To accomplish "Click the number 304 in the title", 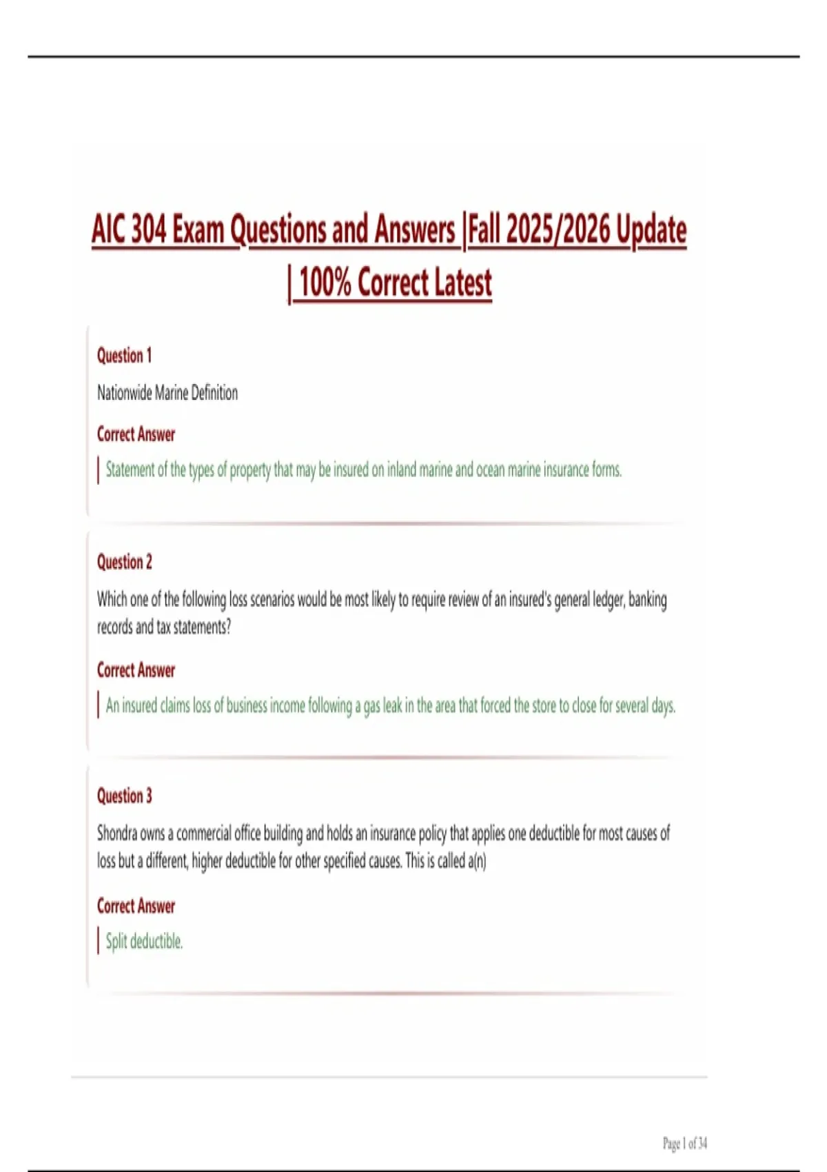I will click(x=148, y=230).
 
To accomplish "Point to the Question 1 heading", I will click(x=124, y=356).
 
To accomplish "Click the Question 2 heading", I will click(x=124, y=562).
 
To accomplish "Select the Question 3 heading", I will click(x=124, y=796).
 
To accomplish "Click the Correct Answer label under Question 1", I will click(x=136, y=434).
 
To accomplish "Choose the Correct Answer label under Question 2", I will click(x=136, y=670).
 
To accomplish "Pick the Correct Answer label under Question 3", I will click(x=136, y=906).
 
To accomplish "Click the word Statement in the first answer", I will click(x=130, y=470).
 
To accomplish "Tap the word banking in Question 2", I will click(x=647, y=600).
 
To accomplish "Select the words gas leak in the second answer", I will click(x=382, y=706).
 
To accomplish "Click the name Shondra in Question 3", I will click(x=117, y=833).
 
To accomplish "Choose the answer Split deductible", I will click(x=144, y=942).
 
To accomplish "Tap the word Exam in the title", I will click(x=198, y=230).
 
